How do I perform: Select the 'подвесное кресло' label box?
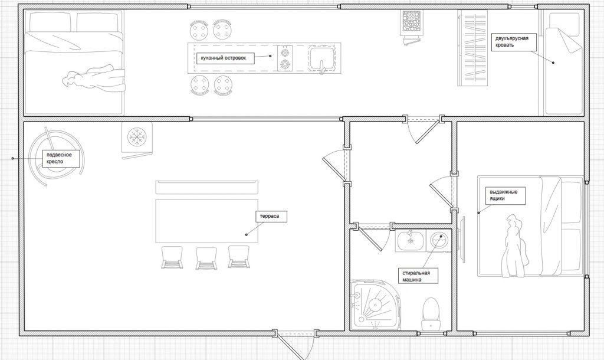pos(61,158)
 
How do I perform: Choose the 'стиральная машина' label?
pos(418,276)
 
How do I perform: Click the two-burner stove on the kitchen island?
pos(285,58)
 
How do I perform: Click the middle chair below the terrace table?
pos(206,258)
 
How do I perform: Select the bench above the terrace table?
pos(207,187)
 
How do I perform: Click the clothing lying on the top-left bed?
pos(95,79)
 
